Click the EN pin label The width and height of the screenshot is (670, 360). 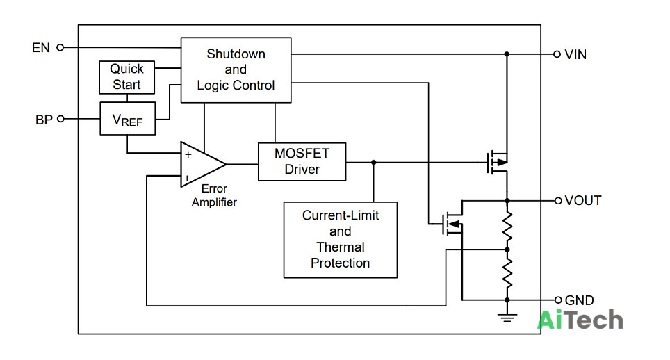(x=41, y=47)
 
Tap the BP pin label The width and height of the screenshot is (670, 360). (x=44, y=120)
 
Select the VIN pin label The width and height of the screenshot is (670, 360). (x=575, y=55)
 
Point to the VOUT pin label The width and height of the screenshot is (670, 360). (x=583, y=200)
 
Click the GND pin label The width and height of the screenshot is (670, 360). (x=580, y=300)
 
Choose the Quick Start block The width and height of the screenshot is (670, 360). (x=127, y=77)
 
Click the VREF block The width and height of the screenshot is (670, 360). (x=127, y=118)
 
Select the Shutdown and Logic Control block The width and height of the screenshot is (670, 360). (x=236, y=70)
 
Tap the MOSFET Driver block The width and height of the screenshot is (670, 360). (x=302, y=161)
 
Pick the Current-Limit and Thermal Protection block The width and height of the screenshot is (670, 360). (x=341, y=240)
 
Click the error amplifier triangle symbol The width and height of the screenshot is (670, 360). (x=203, y=165)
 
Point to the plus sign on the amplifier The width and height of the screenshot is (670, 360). (x=188, y=154)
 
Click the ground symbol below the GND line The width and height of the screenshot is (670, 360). (x=507, y=318)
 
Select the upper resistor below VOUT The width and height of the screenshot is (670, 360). (x=507, y=225)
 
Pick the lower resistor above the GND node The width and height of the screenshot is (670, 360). (x=507, y=273)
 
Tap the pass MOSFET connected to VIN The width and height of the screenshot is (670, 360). (x=498, y=162)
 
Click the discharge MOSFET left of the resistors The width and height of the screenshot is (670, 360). (x=452, y=223)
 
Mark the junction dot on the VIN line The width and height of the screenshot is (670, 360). (x=507, y=54)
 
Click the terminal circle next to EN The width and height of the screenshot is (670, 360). (x=60, y=47)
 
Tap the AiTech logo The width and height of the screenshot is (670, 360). (x=580, y=320)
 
